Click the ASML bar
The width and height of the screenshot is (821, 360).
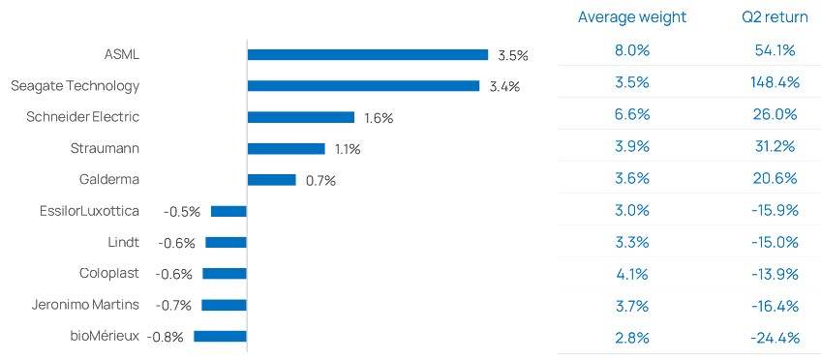pos(368,55)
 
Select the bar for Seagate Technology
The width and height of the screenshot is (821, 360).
pos(363,86)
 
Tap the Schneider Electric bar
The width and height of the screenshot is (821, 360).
pos(301,117)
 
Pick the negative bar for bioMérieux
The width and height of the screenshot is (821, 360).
pos(220,337)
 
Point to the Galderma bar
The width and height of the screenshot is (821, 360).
pos(272,180)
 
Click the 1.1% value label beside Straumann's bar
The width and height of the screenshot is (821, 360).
pos(348,150)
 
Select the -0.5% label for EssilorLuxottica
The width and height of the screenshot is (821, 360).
pos(182,212)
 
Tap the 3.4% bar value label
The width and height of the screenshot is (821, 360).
pos(504,87)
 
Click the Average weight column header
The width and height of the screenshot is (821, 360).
pos(632,17)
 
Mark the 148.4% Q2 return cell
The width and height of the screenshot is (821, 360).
pos(774,82)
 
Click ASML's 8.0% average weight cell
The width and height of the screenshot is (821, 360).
pos(632,50)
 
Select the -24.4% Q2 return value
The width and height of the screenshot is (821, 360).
pos(775,338)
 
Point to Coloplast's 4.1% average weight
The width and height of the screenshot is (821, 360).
pos(632,274)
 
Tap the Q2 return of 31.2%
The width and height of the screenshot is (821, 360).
pos(774,146)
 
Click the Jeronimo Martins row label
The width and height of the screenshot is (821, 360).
pos(85,305)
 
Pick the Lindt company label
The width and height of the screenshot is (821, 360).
pos(123,242)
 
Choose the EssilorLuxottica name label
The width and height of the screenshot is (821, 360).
pos(89,211)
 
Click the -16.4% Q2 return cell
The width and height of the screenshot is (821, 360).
pos(775,306)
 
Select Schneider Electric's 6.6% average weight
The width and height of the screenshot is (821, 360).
pos(632,114)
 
